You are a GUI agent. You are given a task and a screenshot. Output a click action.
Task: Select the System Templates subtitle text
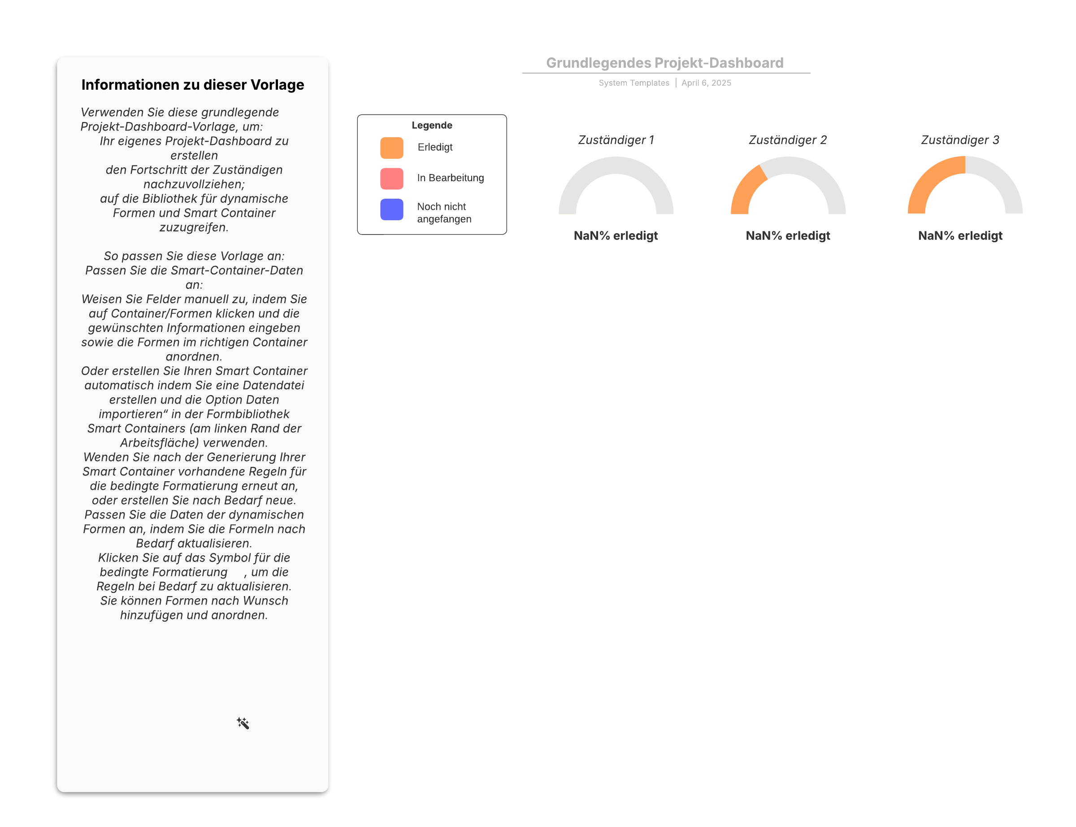click(633, 83)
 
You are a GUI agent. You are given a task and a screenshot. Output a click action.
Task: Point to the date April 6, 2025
click(706, 83)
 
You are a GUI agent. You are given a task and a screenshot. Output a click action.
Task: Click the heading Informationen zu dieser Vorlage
click(193, 85)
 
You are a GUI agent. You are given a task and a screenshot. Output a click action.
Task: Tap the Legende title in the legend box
click(431, 125)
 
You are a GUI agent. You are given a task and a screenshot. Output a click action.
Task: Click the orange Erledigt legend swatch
click(392, 148)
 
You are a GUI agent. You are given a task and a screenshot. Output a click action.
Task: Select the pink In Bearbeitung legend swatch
click(392, 178)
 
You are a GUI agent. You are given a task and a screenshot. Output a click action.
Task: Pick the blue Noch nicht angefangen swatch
click(392, 209)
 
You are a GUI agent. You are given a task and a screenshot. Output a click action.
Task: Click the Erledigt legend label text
click(435, 147)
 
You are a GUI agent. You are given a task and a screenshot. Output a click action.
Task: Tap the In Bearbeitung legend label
click(450, 178)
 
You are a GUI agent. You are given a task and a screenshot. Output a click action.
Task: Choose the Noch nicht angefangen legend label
click(444, 213)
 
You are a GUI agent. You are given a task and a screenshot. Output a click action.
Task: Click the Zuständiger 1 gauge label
click(616, 140)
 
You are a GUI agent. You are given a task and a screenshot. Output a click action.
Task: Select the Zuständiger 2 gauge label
click(788, 140)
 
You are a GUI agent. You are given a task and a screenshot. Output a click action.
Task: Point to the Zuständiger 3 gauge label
click(960, 140)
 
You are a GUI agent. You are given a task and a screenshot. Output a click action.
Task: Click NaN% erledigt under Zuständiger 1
click(616, 236)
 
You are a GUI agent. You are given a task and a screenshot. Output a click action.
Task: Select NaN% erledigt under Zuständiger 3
click(960, 236)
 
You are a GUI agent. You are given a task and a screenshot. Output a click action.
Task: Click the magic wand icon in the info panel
click(243, 723)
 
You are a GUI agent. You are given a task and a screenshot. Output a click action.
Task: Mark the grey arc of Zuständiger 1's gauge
click(616, 165)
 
